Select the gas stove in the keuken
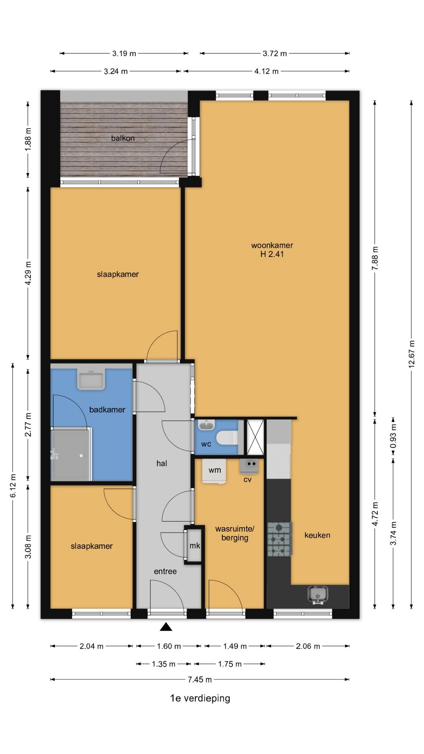(x=280, y=540)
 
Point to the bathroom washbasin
(x=91, y=380)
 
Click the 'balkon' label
(x=123, y=138)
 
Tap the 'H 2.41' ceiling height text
(x=272, y=254)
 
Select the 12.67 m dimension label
(x=411, y=354)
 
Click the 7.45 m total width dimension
(x=200, y=679)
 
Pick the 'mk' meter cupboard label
(x=195, y=545)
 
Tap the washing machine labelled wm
(x=214, y=471)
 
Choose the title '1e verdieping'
(x=200, y=698)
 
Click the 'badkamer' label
(x=107, y=410)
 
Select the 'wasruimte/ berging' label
(x=235, y=533)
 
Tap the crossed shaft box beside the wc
(x=255, y=437)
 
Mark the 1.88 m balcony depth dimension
(x=28, y=139)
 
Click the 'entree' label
(x=165, y=571)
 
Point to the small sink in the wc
(x=206, y=425)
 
